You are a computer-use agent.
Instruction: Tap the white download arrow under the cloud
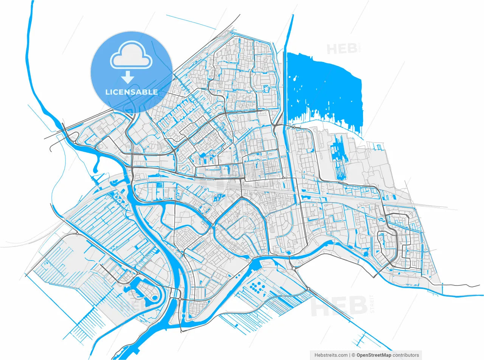pyautogui.click(x=128, y=77)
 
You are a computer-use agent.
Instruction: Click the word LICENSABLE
pyautogui.click(x=132, y=92)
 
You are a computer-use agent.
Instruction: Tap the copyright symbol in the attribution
pyautogui.click(x=354, y=355)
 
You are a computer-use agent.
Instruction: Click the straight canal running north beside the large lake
pyautogui.click(x=290, y=38)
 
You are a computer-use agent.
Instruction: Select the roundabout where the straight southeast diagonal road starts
pyautogui.click(x=308, y=289)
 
